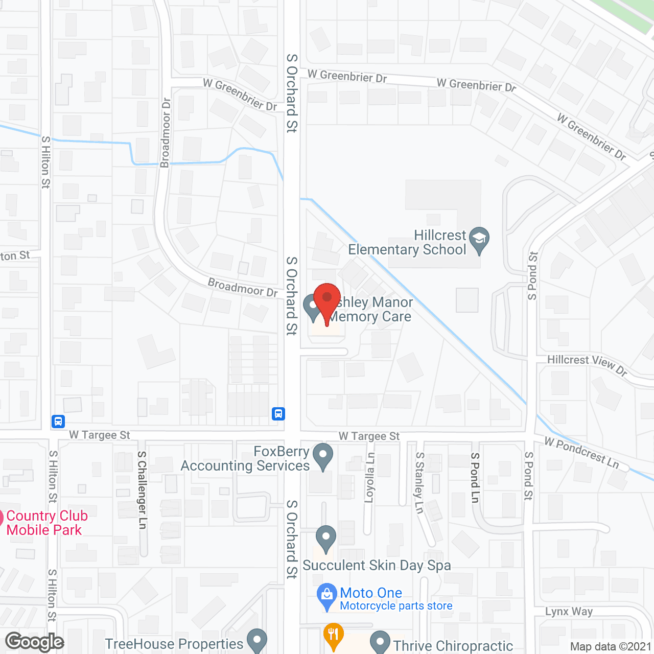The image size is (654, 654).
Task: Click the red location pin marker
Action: coord(326,299)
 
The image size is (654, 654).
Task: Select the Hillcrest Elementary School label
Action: coord(407,243)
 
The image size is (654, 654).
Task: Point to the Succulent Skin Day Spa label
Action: coord(377,565)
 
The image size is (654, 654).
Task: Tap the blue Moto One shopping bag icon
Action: coord(326,595)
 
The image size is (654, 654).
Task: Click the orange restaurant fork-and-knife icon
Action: coord(333,636)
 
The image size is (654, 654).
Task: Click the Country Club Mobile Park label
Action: coord(46,523)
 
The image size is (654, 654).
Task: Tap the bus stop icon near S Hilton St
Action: coord(58,422)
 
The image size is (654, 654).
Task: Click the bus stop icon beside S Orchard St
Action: coord(278,413)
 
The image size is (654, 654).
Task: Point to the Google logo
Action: coord(34,642)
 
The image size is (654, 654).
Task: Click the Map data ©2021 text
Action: coord(611,646)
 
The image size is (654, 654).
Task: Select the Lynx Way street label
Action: coord(569,612)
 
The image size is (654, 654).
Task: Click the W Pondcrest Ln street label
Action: coord(581,452)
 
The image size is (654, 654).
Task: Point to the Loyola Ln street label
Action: coord(370,478)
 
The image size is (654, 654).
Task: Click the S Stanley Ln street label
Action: coord(419,482)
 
